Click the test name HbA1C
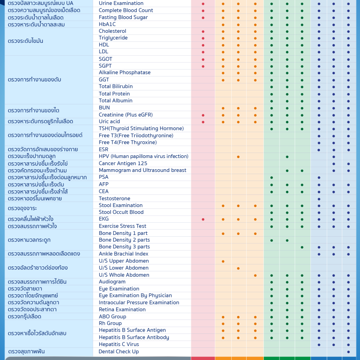click(107, 24)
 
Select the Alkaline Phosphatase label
click(125, 72)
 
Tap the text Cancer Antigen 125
click(123, 163)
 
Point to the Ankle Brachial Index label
click(123, 254)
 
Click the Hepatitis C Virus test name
click(119, 344)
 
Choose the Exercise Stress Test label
click(122, 226)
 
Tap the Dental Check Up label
click(119, 351)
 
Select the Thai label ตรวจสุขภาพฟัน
click(27, 351)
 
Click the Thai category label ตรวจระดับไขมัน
click(26, 41)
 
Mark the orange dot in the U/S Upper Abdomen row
click(223, 261)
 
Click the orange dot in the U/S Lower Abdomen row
click(238, 268)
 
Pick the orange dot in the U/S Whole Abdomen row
click(255, 275)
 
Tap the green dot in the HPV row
click(287, 157)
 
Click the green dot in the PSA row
click(272, 178)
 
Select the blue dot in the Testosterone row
click(319, 199)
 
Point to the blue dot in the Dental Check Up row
click(348, 352)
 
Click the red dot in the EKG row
click(203, 220)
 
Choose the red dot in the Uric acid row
click(203, 122)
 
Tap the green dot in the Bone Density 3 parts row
click(302, 247)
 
